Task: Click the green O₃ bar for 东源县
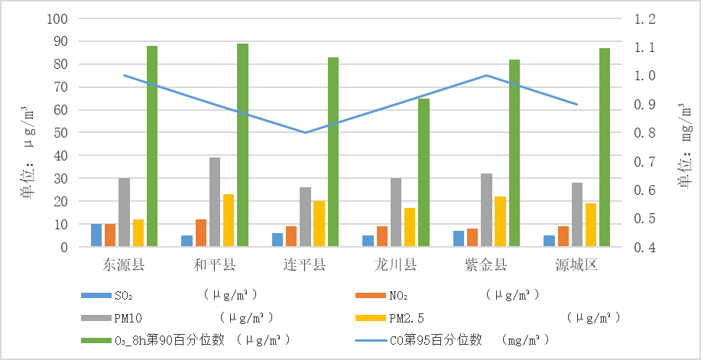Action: [x=152, y=146]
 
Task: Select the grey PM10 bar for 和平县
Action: [x=215, y=202]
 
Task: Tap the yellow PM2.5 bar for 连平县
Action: [x=320, y=224]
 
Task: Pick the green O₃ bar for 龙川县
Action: [x=424, y=173]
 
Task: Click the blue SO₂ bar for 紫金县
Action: [x=459, y=238]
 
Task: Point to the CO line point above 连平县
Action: [x=305, y=132]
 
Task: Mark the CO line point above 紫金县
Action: [x=486, y=76]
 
